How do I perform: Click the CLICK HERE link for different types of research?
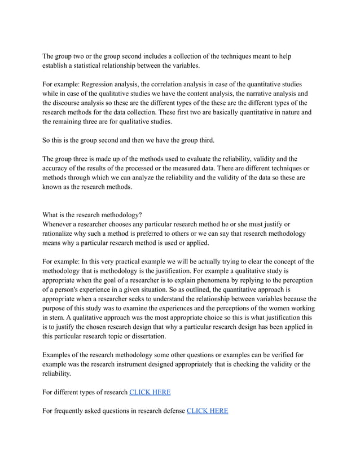pos(150,392)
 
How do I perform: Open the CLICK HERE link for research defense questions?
pos(207,410)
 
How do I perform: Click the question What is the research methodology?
pos(93,214)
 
